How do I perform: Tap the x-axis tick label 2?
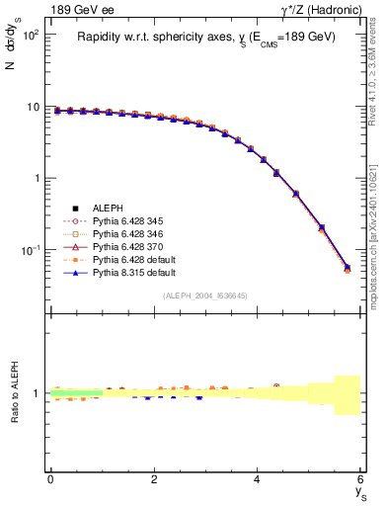point(154,479)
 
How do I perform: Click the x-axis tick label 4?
point(257,479)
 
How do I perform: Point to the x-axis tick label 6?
point(360,479)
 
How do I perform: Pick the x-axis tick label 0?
point(50,479)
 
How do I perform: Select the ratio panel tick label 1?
point(38,393)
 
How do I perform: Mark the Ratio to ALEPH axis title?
point(14,393)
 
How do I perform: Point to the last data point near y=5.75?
point(347,268)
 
